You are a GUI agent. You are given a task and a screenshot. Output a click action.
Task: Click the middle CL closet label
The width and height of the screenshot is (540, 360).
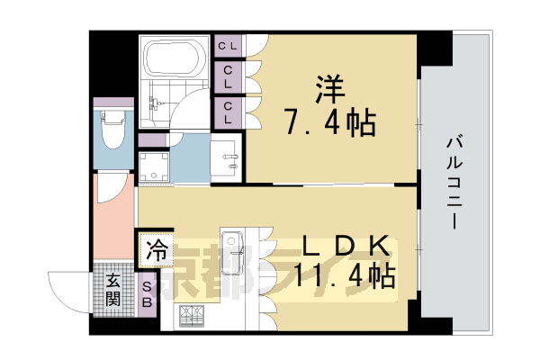[229, 76]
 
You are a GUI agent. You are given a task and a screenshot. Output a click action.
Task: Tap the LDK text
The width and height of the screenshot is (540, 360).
[346, 246]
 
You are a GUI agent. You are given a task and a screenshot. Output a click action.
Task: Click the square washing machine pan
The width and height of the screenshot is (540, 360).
[155, 167]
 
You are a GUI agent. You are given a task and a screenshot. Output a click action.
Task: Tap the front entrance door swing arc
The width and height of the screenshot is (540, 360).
[67, 288]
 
